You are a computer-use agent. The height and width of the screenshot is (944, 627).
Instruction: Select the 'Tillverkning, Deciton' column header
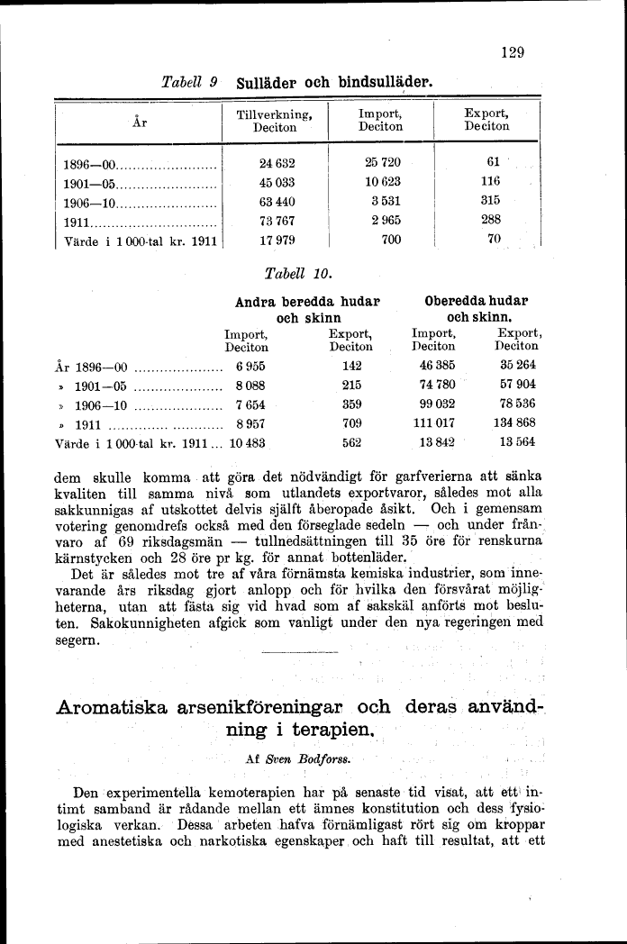point(275,121)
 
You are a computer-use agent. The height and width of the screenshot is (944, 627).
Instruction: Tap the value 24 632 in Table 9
point(277,165)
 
